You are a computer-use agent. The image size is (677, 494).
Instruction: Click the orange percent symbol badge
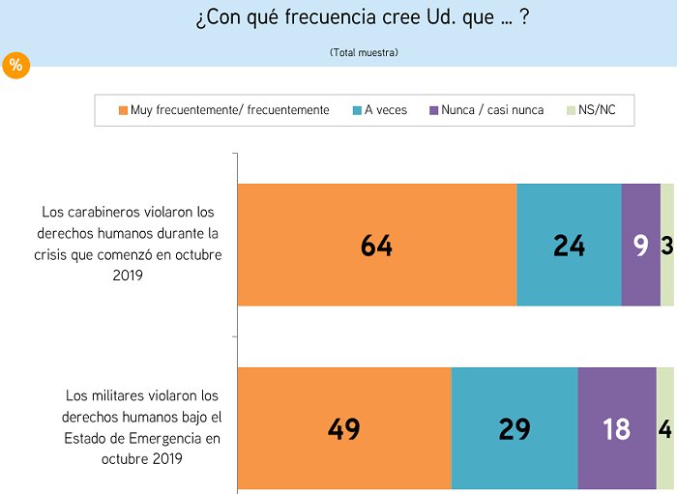[16, 66]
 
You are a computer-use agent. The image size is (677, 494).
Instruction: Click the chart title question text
[361, 19]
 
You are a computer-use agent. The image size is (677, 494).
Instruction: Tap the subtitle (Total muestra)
[364, 51]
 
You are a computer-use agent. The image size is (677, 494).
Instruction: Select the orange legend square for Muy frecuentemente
[123, 110]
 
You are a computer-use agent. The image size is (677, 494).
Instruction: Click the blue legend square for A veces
[358, 110]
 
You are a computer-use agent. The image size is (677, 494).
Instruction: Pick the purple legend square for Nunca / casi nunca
[434, 110]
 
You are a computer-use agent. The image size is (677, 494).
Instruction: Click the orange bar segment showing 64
[377, 245]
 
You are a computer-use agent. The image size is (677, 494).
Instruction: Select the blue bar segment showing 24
[569, 245]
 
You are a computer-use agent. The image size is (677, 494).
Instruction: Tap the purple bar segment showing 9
[640, 245]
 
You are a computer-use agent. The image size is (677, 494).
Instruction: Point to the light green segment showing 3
[667, 245]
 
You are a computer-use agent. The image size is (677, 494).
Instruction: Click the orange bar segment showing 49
[344, 428]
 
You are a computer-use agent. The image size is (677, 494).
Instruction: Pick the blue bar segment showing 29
[515, 428]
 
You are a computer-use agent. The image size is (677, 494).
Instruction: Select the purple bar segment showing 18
[616, 428]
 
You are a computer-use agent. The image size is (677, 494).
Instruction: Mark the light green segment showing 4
[665, 428]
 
